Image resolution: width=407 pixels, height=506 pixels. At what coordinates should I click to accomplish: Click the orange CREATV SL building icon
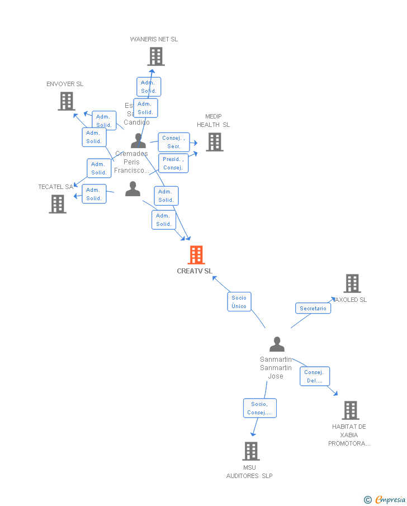coord(196,255)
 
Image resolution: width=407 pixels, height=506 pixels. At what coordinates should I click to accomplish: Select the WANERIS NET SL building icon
coord(155,56)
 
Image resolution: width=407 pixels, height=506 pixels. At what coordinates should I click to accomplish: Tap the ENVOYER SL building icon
coord(66,101)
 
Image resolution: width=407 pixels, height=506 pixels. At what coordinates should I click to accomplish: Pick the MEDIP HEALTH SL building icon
coord(214,142)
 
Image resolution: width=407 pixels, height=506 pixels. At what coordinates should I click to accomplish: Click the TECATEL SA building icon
coord(57,204)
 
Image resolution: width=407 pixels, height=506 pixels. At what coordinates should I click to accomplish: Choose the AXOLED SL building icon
coord(352,283)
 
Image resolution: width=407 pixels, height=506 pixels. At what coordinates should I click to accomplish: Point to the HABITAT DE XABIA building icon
coord(350,410)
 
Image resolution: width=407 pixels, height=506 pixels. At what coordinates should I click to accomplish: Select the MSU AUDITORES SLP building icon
coord(250,451)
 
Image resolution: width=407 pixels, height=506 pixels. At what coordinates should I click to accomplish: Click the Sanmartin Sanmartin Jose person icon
coord(277,344)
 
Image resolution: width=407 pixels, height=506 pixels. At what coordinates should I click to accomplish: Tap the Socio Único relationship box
coord(239,302)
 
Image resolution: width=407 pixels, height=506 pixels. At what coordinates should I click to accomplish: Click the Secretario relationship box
coord(313,309)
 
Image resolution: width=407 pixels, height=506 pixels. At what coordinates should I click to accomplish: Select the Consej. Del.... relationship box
coord(314,376)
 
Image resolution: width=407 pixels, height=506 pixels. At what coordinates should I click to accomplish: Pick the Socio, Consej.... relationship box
coord(259,408)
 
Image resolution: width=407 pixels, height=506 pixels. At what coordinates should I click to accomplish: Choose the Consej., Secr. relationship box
coord(173,142)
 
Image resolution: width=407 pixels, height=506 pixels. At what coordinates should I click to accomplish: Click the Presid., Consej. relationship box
coord(173,163)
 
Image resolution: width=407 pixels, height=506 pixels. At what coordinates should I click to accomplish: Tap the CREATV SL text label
coord(195,271)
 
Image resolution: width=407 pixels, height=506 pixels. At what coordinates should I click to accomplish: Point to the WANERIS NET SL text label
coord(154,39)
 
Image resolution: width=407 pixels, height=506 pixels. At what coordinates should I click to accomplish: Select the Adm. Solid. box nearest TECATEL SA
coord(94,194)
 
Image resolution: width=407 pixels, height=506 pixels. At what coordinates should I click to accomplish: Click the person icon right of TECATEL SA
coord(132,189)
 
